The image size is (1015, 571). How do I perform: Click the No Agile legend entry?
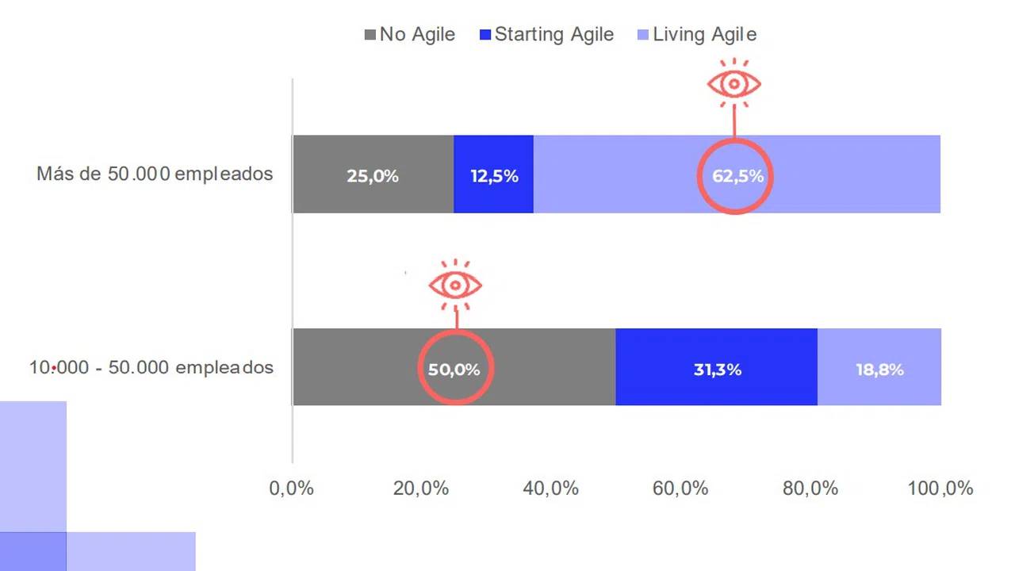(x=410, y=35)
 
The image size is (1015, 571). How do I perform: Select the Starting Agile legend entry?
(x=547, y=35)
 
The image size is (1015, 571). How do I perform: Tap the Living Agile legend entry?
(x=697, y=35)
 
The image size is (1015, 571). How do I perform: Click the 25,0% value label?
(x=373, y=176)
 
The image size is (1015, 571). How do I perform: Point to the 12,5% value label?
(x=494, y=176)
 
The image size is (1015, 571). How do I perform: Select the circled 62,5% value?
(x=737, y=176)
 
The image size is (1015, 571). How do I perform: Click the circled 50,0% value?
(x=454, y=369)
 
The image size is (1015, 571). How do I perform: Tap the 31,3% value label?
(x=718, y=369)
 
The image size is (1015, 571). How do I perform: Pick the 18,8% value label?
(x=879, y=369)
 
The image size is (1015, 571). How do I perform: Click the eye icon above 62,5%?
(x=734, y=83)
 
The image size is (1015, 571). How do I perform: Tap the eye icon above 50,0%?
(x=455, y=285)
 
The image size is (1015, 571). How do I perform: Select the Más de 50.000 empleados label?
(x=155, y=174)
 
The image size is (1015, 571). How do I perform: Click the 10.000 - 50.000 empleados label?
(x=151, y=367)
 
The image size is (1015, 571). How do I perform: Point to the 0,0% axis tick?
(x=292, y=489)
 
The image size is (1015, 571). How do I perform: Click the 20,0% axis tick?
(x=421, y=489)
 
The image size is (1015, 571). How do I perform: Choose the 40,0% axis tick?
(x=551, y=489)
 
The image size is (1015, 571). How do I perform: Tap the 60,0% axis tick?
(x=680, y=489)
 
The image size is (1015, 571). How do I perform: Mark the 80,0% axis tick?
(x=810, y=489)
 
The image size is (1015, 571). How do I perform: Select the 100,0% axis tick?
(x=940, y=489)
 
